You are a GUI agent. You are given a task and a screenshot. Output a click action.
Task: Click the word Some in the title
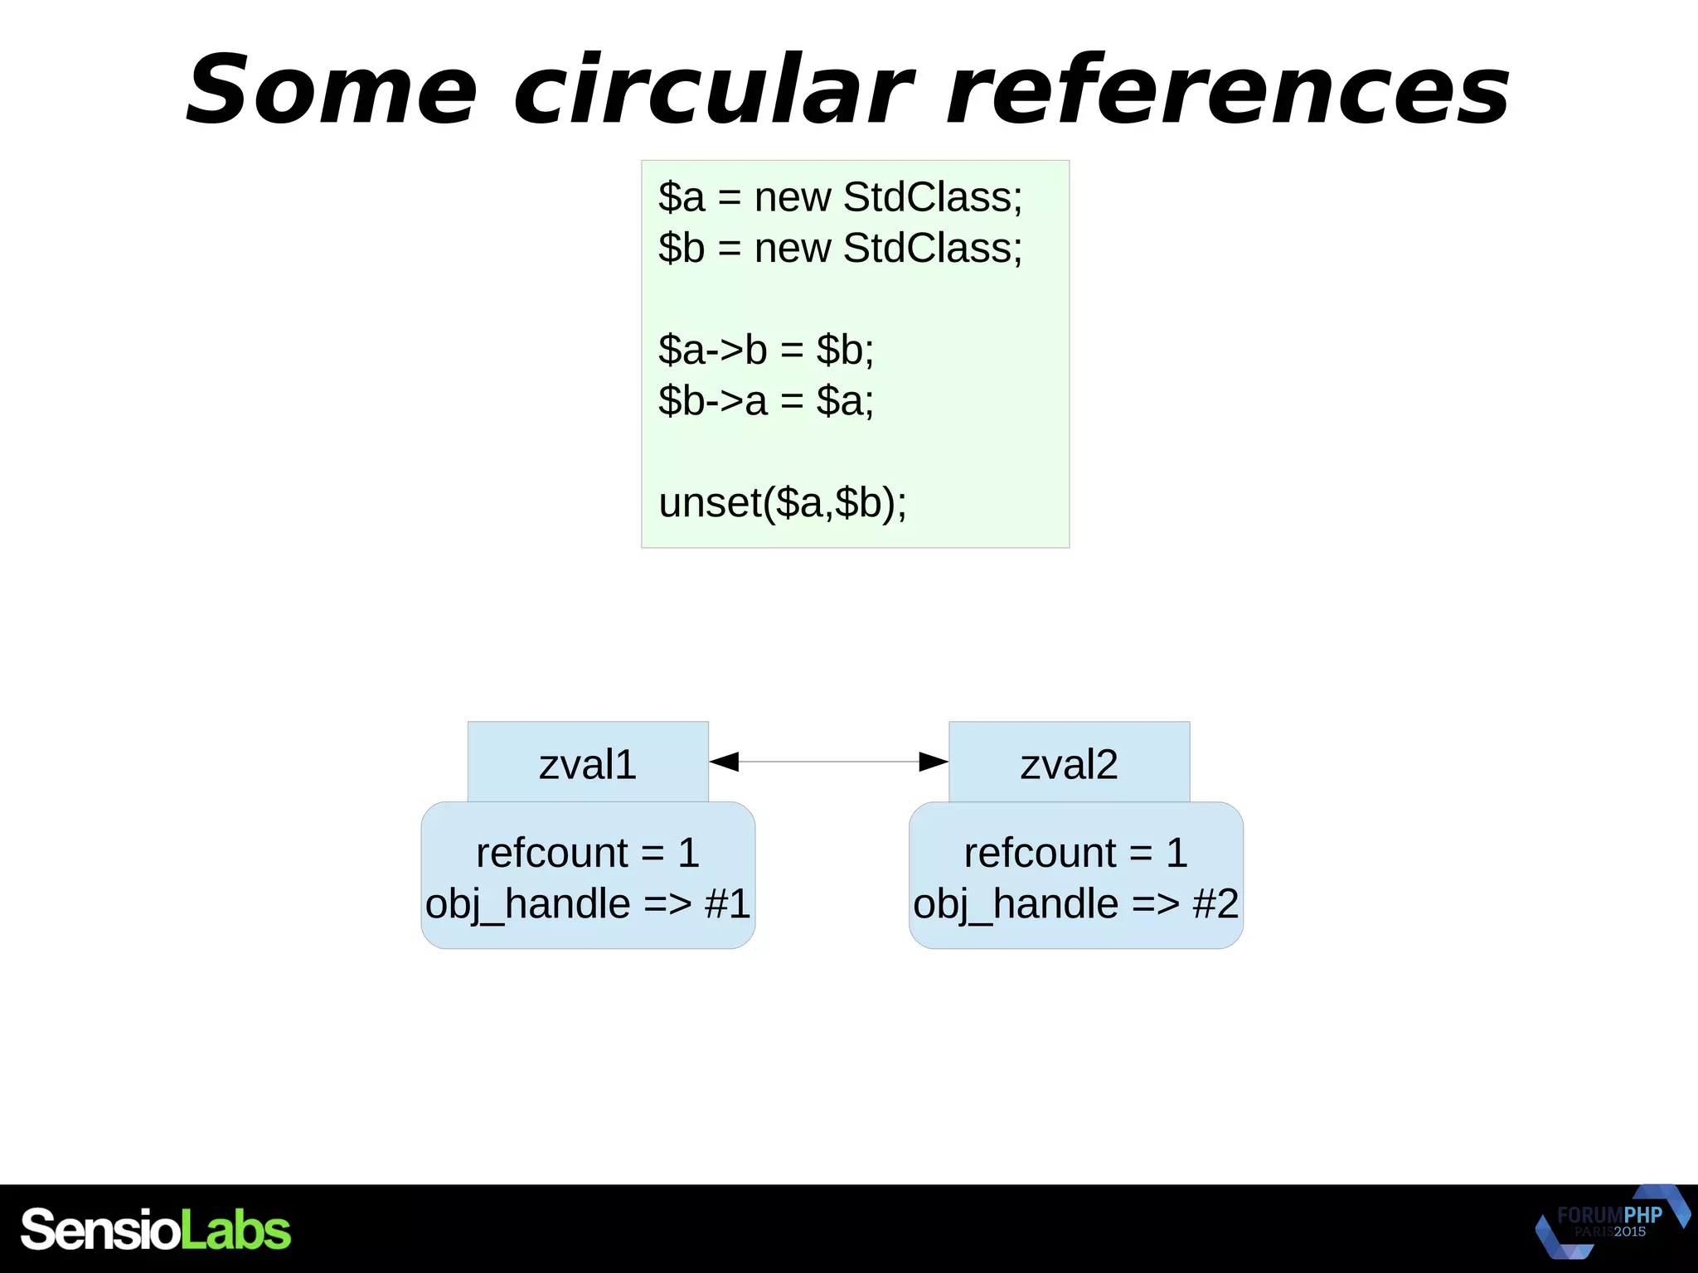click(332, 90)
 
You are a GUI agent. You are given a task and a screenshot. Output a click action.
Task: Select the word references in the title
click(1227, 90)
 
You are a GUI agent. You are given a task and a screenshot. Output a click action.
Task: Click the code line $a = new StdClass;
click(840, 197)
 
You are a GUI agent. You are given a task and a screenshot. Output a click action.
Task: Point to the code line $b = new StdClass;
click(840, 248)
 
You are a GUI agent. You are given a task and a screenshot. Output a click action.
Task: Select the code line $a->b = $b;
click(766, 350)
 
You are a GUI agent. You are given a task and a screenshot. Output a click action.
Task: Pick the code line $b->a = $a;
click(766, 401)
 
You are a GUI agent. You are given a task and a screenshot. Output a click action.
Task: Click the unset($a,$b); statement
click(783, 503)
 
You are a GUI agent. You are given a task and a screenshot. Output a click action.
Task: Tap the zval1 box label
click(588, 763)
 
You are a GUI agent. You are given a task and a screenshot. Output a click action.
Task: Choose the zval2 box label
click(1069, 763)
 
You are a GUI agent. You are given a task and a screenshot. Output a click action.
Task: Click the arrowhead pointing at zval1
click(724, 762)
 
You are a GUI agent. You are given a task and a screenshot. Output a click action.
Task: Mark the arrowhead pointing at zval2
click(934, 762)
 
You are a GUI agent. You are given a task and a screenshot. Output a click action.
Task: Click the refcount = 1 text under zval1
click(588, 853)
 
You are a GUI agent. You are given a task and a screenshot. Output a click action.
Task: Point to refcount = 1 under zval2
click(1075, 853)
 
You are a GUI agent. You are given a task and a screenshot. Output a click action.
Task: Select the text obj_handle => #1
click(588, 903)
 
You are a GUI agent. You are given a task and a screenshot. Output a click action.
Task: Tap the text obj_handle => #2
click(1075, 903)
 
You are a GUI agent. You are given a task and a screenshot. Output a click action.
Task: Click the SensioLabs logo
click(156, 1229)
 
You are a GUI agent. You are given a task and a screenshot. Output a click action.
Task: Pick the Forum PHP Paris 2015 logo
click(1610, 1222)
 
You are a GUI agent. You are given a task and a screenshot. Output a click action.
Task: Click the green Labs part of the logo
click(236, 1229)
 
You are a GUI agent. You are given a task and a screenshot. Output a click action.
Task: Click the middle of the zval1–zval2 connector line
click(829, 762)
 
